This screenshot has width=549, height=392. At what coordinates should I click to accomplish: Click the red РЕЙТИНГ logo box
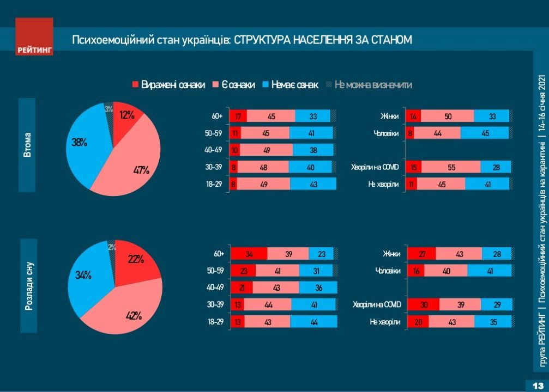pos(34,36)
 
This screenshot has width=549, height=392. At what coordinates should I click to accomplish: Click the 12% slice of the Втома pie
pos(127,115)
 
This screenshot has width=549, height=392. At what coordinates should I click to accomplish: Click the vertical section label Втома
pos(27,145)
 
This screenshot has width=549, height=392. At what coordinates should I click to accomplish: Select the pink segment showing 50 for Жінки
pos(447,116)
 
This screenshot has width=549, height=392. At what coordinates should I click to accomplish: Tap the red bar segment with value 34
pos(249,254)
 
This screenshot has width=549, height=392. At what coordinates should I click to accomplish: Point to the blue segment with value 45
pos(484,133)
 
